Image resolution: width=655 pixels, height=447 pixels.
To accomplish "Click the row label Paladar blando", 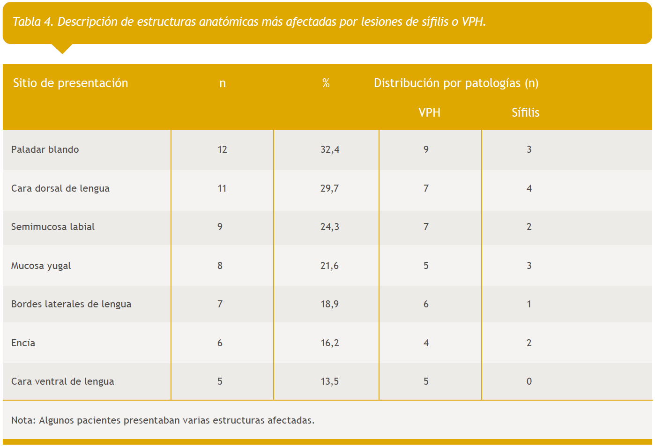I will tap(45, 149).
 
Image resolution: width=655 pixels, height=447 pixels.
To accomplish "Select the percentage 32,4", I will tap(330, 149).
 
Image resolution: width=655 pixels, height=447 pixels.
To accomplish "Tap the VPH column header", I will tap(429, 112).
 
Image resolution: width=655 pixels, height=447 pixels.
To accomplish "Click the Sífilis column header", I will tap(525, 112).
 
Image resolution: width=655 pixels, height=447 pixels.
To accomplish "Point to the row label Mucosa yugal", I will tap(41, 266).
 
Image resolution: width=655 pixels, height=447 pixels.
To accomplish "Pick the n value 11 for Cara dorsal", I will tap(222, 188).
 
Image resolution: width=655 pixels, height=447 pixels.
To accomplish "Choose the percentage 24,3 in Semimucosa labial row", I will tap(330, 227).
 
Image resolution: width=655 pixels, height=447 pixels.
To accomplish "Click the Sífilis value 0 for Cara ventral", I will tap(529, 381).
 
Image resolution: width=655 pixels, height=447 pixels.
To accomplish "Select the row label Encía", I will tap(23, 343).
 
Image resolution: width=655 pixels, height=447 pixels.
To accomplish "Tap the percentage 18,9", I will tap(330, 304).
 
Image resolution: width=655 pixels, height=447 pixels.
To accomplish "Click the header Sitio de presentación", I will tap(70, 83).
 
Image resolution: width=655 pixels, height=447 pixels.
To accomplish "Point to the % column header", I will tap(326, 83).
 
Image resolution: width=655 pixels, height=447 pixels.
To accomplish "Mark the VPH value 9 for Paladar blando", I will tap(426, 149).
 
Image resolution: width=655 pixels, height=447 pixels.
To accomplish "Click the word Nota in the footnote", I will tap(22, 420).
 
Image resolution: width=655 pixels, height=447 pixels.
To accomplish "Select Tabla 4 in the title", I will tap(33, 22).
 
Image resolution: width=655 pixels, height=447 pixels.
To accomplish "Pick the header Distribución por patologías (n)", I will tap(456, 83).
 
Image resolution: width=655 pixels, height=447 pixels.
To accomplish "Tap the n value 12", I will tap(222, 149).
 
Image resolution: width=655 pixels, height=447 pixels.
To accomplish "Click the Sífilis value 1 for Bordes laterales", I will tap(529, 304).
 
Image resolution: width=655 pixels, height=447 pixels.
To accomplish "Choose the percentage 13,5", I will tap(330, 381).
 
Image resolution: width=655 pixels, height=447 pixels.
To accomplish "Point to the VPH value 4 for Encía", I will tap(426, 343).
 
